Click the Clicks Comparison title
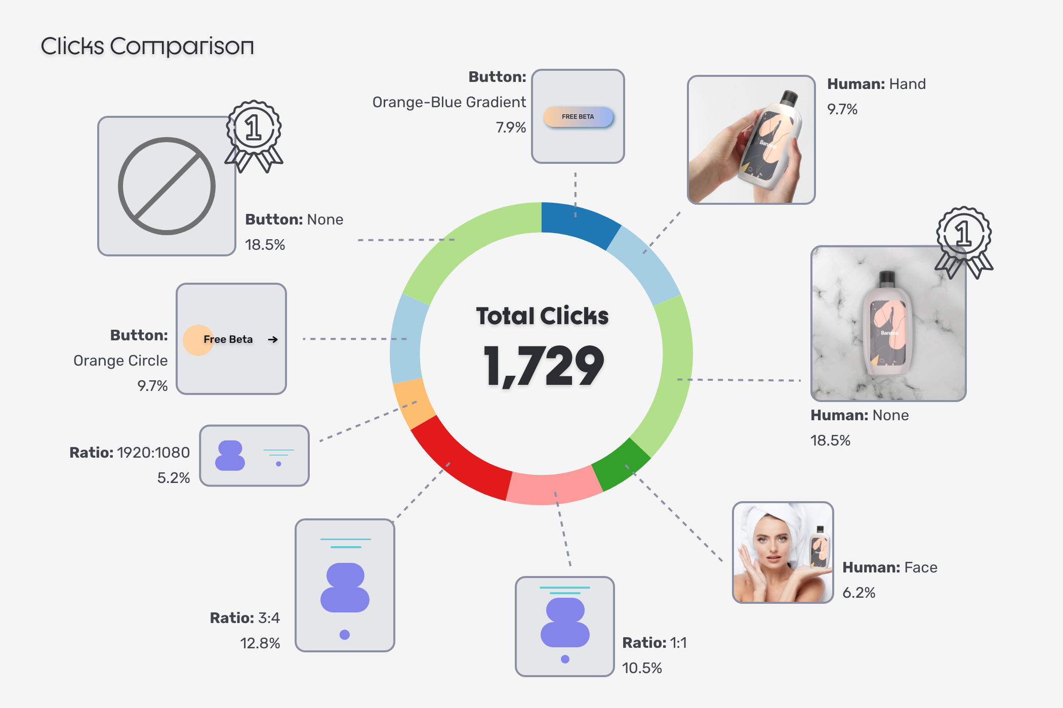(x=147, y=47)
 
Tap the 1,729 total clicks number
(x=543, y=366)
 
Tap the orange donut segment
(x=413, y=400)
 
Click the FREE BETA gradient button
(x=578, y=117)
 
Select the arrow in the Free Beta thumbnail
(x=273, y=339)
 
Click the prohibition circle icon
(x=167, y=186)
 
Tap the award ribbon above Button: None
(x=254, y=135)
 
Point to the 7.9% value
(x=511, y=127)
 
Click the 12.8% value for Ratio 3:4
(x=260, y=643)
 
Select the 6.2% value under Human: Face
(x=858, y=593)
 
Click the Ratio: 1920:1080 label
(x=130, y=453)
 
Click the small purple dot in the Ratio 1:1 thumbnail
(x=565, y=659)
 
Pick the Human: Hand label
(x=876, y=84)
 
